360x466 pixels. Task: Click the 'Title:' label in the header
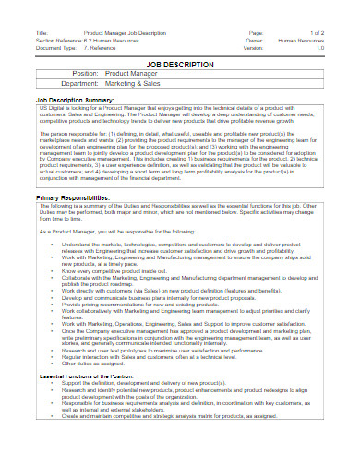[42, 33]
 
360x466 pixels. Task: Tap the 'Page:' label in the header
[257, 33]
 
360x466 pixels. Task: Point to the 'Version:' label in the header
[257, 48]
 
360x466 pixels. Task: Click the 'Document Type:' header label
[56, 48]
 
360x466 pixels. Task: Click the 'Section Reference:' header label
[65, 41]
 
